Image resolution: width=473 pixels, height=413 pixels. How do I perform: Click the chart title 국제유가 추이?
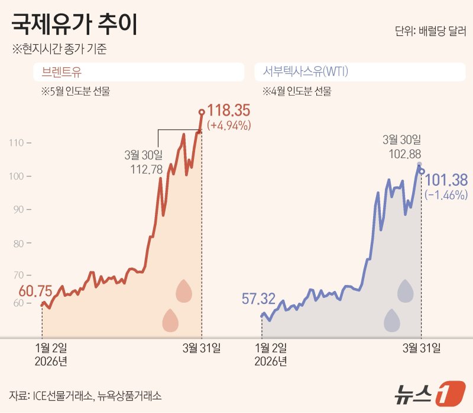tap(75, 27)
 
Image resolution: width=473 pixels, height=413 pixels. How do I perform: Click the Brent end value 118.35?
tap(229, 111)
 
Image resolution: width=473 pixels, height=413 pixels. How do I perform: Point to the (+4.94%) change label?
tap(229, 125)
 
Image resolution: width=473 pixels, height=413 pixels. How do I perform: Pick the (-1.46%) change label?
tap(446, 194)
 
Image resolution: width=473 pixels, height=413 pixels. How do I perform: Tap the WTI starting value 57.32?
tap(258, 299)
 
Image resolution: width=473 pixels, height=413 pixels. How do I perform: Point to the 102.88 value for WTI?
tap(401, 155)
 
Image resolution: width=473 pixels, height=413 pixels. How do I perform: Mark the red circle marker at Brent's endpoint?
tap(202, 112)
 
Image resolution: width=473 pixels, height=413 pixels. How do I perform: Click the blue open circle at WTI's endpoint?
tap(422, 172)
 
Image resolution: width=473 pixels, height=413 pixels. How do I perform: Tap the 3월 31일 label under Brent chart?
tap(201, 348)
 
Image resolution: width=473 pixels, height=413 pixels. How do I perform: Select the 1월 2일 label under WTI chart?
tap(271, 348)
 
